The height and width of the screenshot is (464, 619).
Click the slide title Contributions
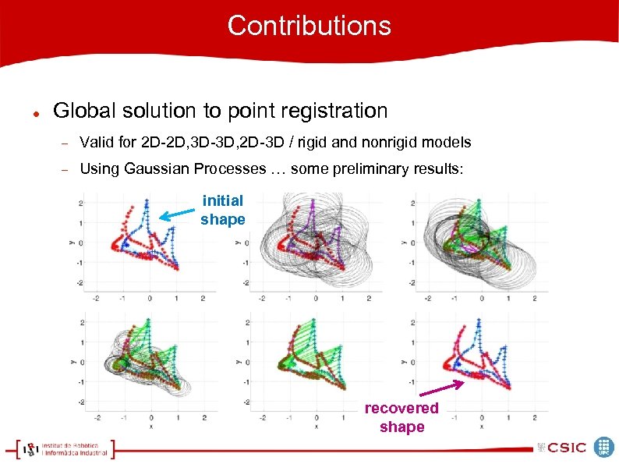[309, 26]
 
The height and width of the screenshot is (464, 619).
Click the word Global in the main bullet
[81, 111]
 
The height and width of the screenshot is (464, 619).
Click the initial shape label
[222, 210]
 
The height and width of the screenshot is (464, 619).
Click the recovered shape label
[401, 417]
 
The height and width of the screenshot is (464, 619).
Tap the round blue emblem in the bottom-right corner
[604, 447]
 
